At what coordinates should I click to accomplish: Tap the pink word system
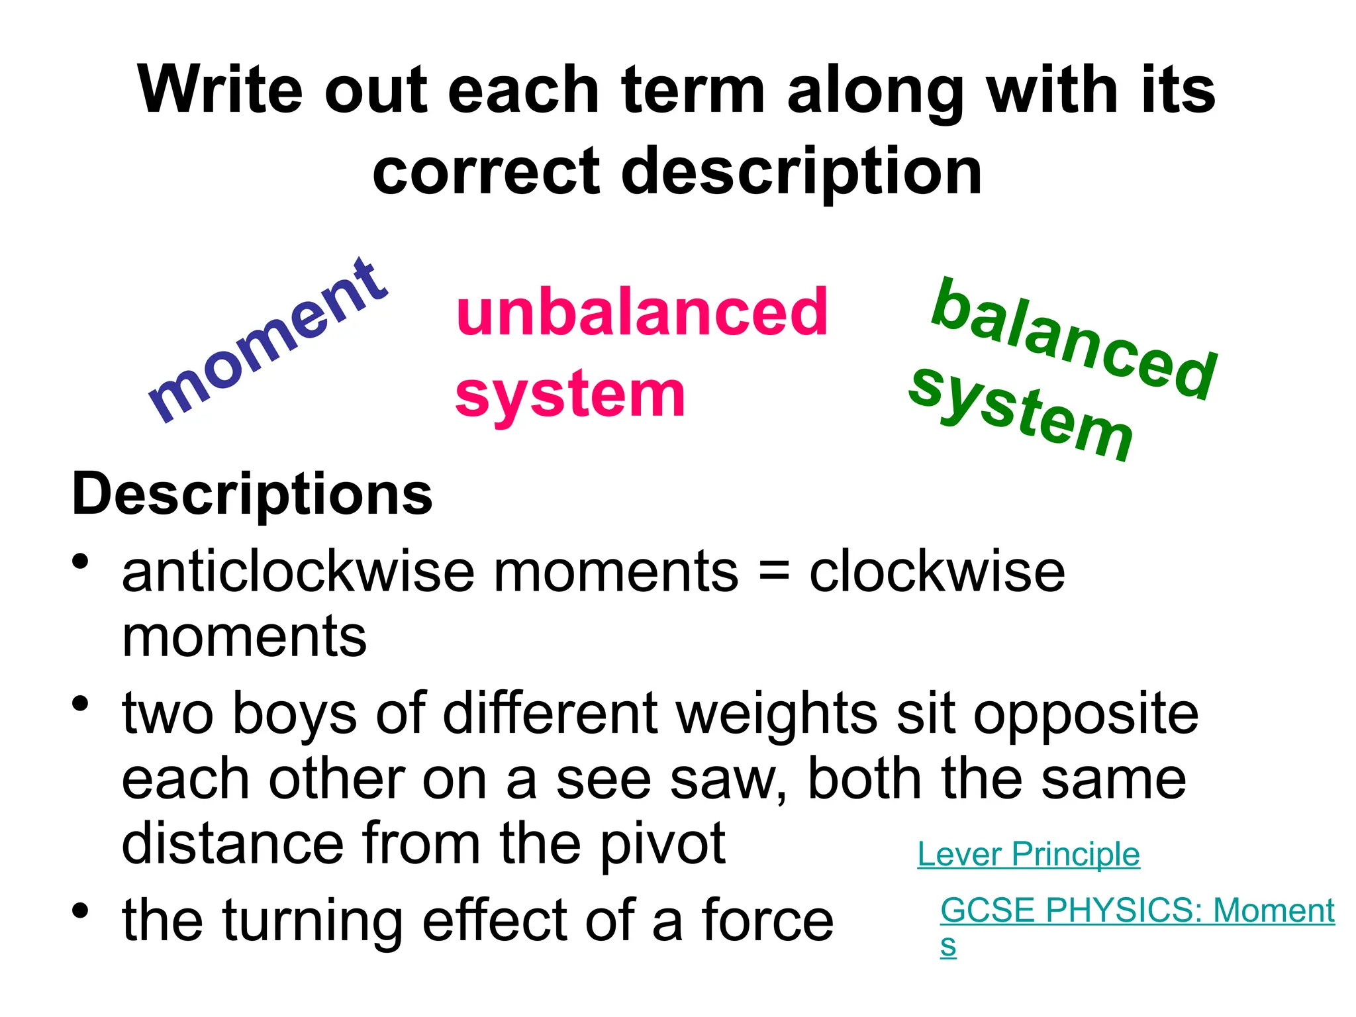tap(570, 395)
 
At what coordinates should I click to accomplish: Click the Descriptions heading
tap(252, 494)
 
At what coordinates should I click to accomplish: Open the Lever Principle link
tap(1028, 854)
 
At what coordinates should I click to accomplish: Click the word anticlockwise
tap(299, 572)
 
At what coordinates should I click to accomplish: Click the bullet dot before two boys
tap(81, 704)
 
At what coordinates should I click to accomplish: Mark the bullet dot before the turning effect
tap(81, 911)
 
